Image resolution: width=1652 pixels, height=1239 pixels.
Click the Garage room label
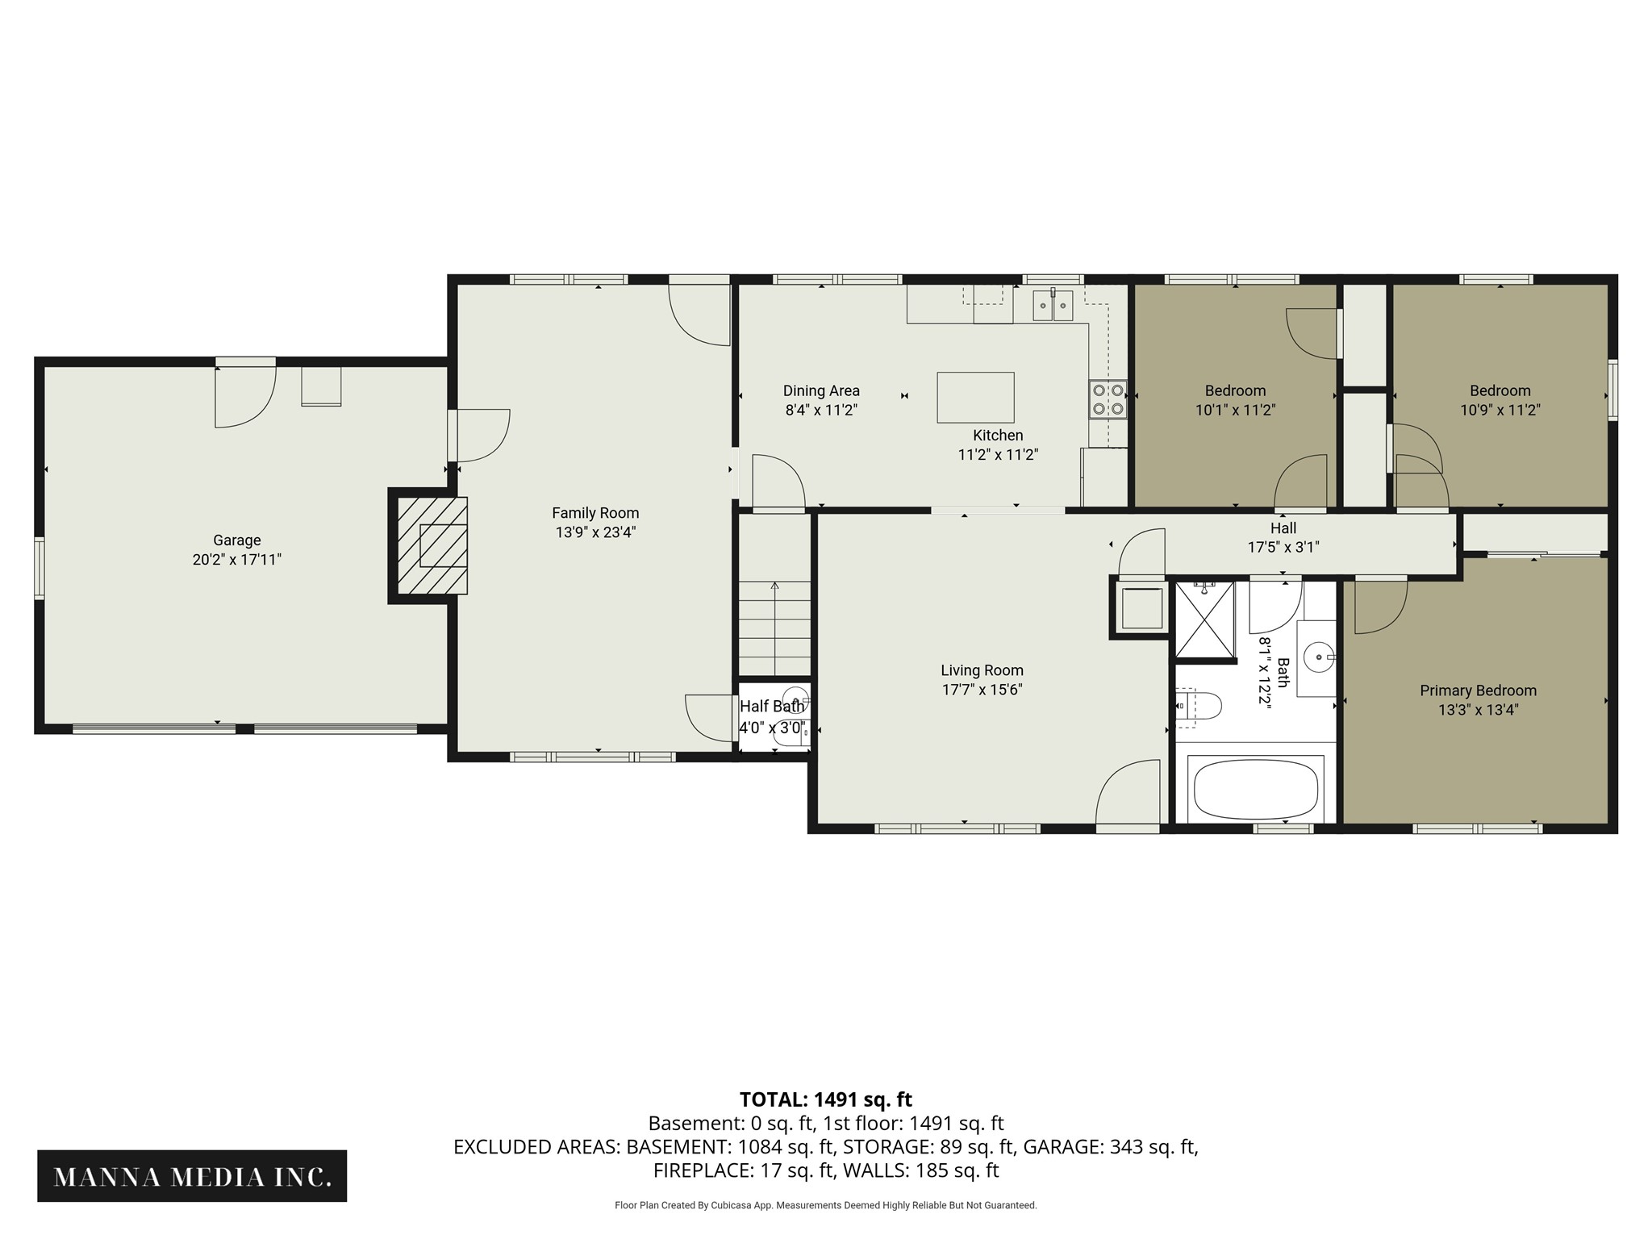(237, 540)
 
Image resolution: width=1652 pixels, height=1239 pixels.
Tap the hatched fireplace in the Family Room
(432, 545)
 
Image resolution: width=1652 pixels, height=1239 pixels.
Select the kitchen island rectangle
(975, 398)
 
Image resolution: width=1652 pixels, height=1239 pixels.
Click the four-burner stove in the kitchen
(1108, 399)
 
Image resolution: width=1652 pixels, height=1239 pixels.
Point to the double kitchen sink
(1054, 305)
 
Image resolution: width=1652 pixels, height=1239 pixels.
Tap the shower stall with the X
(1204, 619)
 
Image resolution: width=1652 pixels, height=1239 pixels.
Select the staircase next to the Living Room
(775, 628)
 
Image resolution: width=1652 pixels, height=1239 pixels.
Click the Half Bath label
(772, 707)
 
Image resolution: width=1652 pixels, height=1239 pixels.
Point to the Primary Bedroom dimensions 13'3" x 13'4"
(1478, 710)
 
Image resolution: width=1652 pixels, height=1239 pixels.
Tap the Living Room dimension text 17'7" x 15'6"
(982, 690)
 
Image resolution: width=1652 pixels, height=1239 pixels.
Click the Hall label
(1283, 528)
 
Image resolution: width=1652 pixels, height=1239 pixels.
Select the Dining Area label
(821, 391)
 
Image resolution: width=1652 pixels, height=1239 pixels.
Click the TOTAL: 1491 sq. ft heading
(826, 1099)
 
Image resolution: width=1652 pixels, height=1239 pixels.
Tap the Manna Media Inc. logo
(192, 1177)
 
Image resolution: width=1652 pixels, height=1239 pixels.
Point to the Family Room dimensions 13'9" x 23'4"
(595, 532)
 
